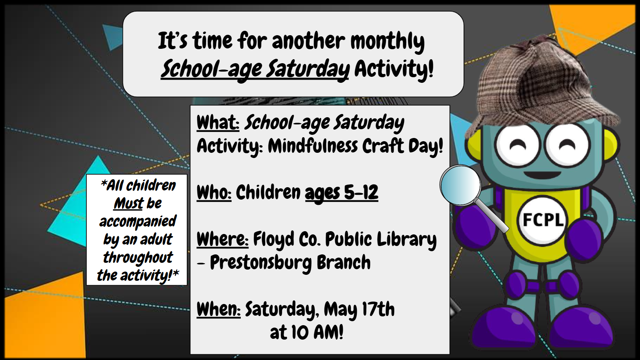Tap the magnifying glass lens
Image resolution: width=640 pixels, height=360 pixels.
460,186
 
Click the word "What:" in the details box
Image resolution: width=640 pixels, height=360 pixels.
218,123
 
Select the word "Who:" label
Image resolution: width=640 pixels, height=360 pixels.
214,192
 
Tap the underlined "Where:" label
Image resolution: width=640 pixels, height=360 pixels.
222,240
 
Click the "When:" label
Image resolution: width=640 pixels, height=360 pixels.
218,309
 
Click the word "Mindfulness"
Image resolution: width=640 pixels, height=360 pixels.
313,146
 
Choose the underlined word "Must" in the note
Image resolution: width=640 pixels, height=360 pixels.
128,204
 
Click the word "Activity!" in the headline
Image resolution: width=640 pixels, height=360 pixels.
394,69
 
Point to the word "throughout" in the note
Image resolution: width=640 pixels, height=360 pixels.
138,258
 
